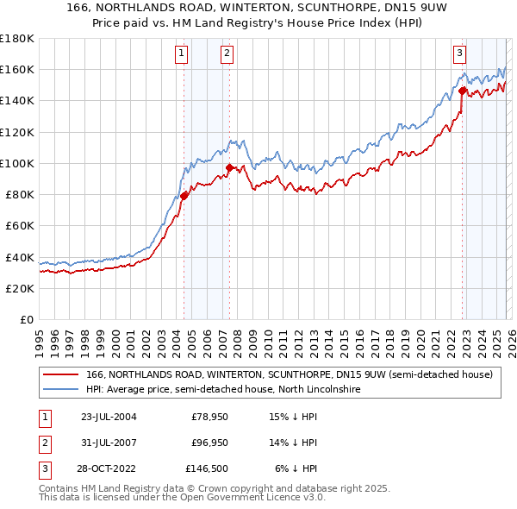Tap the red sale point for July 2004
(184, 196)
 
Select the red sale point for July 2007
(230, 168)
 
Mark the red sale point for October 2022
(463, 90)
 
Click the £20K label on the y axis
(20, 288)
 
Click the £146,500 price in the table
(209, 469)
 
